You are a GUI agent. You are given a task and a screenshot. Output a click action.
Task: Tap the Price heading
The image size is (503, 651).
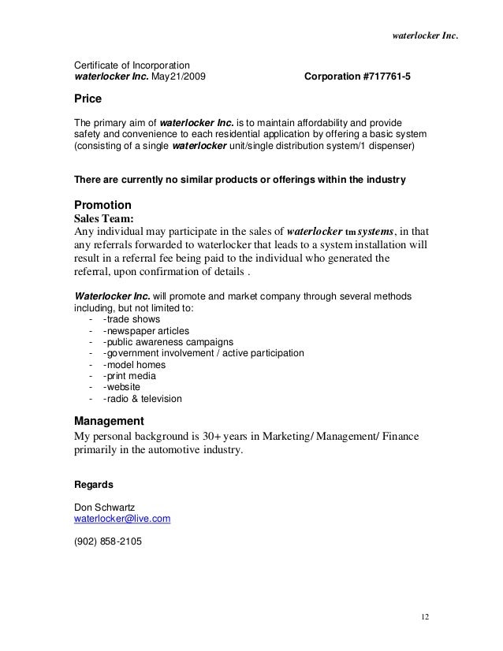tap(87, 101)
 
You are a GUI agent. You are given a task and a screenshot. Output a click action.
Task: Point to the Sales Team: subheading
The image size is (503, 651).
tap(103, 218)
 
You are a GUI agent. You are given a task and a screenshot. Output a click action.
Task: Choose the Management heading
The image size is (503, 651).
tap(108, 420)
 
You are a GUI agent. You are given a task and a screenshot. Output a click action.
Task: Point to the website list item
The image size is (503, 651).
tap(122, 388)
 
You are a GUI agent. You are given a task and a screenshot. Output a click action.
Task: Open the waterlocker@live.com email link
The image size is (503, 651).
tap(121, 520)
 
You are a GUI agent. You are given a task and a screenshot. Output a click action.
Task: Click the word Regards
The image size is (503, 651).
tap(93, 484)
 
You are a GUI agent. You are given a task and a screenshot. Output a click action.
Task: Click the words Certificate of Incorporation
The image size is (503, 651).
tap(131, 65)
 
